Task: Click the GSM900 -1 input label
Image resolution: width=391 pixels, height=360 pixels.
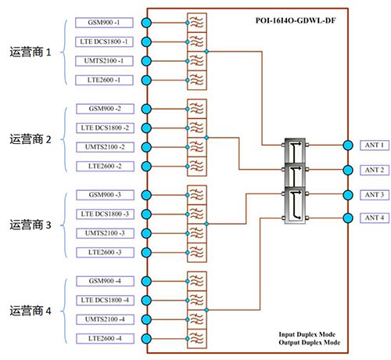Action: (104, 23)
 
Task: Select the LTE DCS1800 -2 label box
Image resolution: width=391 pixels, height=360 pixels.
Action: (105, 128)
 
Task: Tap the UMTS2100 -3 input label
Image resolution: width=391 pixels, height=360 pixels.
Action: (105, 233)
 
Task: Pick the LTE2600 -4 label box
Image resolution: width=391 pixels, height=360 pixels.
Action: (105, 339)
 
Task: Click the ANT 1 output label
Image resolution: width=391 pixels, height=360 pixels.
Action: (375, 145)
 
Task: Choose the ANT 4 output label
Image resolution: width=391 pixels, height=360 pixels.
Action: (375, 218)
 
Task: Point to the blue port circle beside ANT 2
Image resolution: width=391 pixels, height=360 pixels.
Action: (348, 170)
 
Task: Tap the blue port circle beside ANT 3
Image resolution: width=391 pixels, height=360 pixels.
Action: (348, 195)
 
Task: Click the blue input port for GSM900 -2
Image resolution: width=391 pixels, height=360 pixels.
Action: (146, 109)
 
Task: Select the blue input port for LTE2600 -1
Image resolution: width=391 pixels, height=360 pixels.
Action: (146, 80)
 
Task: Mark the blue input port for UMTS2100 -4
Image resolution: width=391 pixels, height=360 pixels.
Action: (146, 319)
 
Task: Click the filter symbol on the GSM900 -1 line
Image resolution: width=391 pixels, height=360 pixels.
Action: (197, 23)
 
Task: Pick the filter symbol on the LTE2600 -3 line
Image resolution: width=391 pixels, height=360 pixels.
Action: (197, 253)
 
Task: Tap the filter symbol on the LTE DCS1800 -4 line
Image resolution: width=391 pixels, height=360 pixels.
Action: (197, 301)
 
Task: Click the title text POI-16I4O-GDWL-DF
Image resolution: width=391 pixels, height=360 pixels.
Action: (296, 20)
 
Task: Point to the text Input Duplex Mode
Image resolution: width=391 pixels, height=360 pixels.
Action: (307, 334)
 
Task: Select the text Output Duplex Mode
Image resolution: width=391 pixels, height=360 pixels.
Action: (310, 342)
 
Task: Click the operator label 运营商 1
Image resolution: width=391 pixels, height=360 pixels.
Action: (30, 52)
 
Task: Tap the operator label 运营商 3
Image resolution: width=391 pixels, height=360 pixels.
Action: (30, 225)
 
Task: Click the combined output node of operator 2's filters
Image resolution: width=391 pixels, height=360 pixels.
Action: (206, 138)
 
